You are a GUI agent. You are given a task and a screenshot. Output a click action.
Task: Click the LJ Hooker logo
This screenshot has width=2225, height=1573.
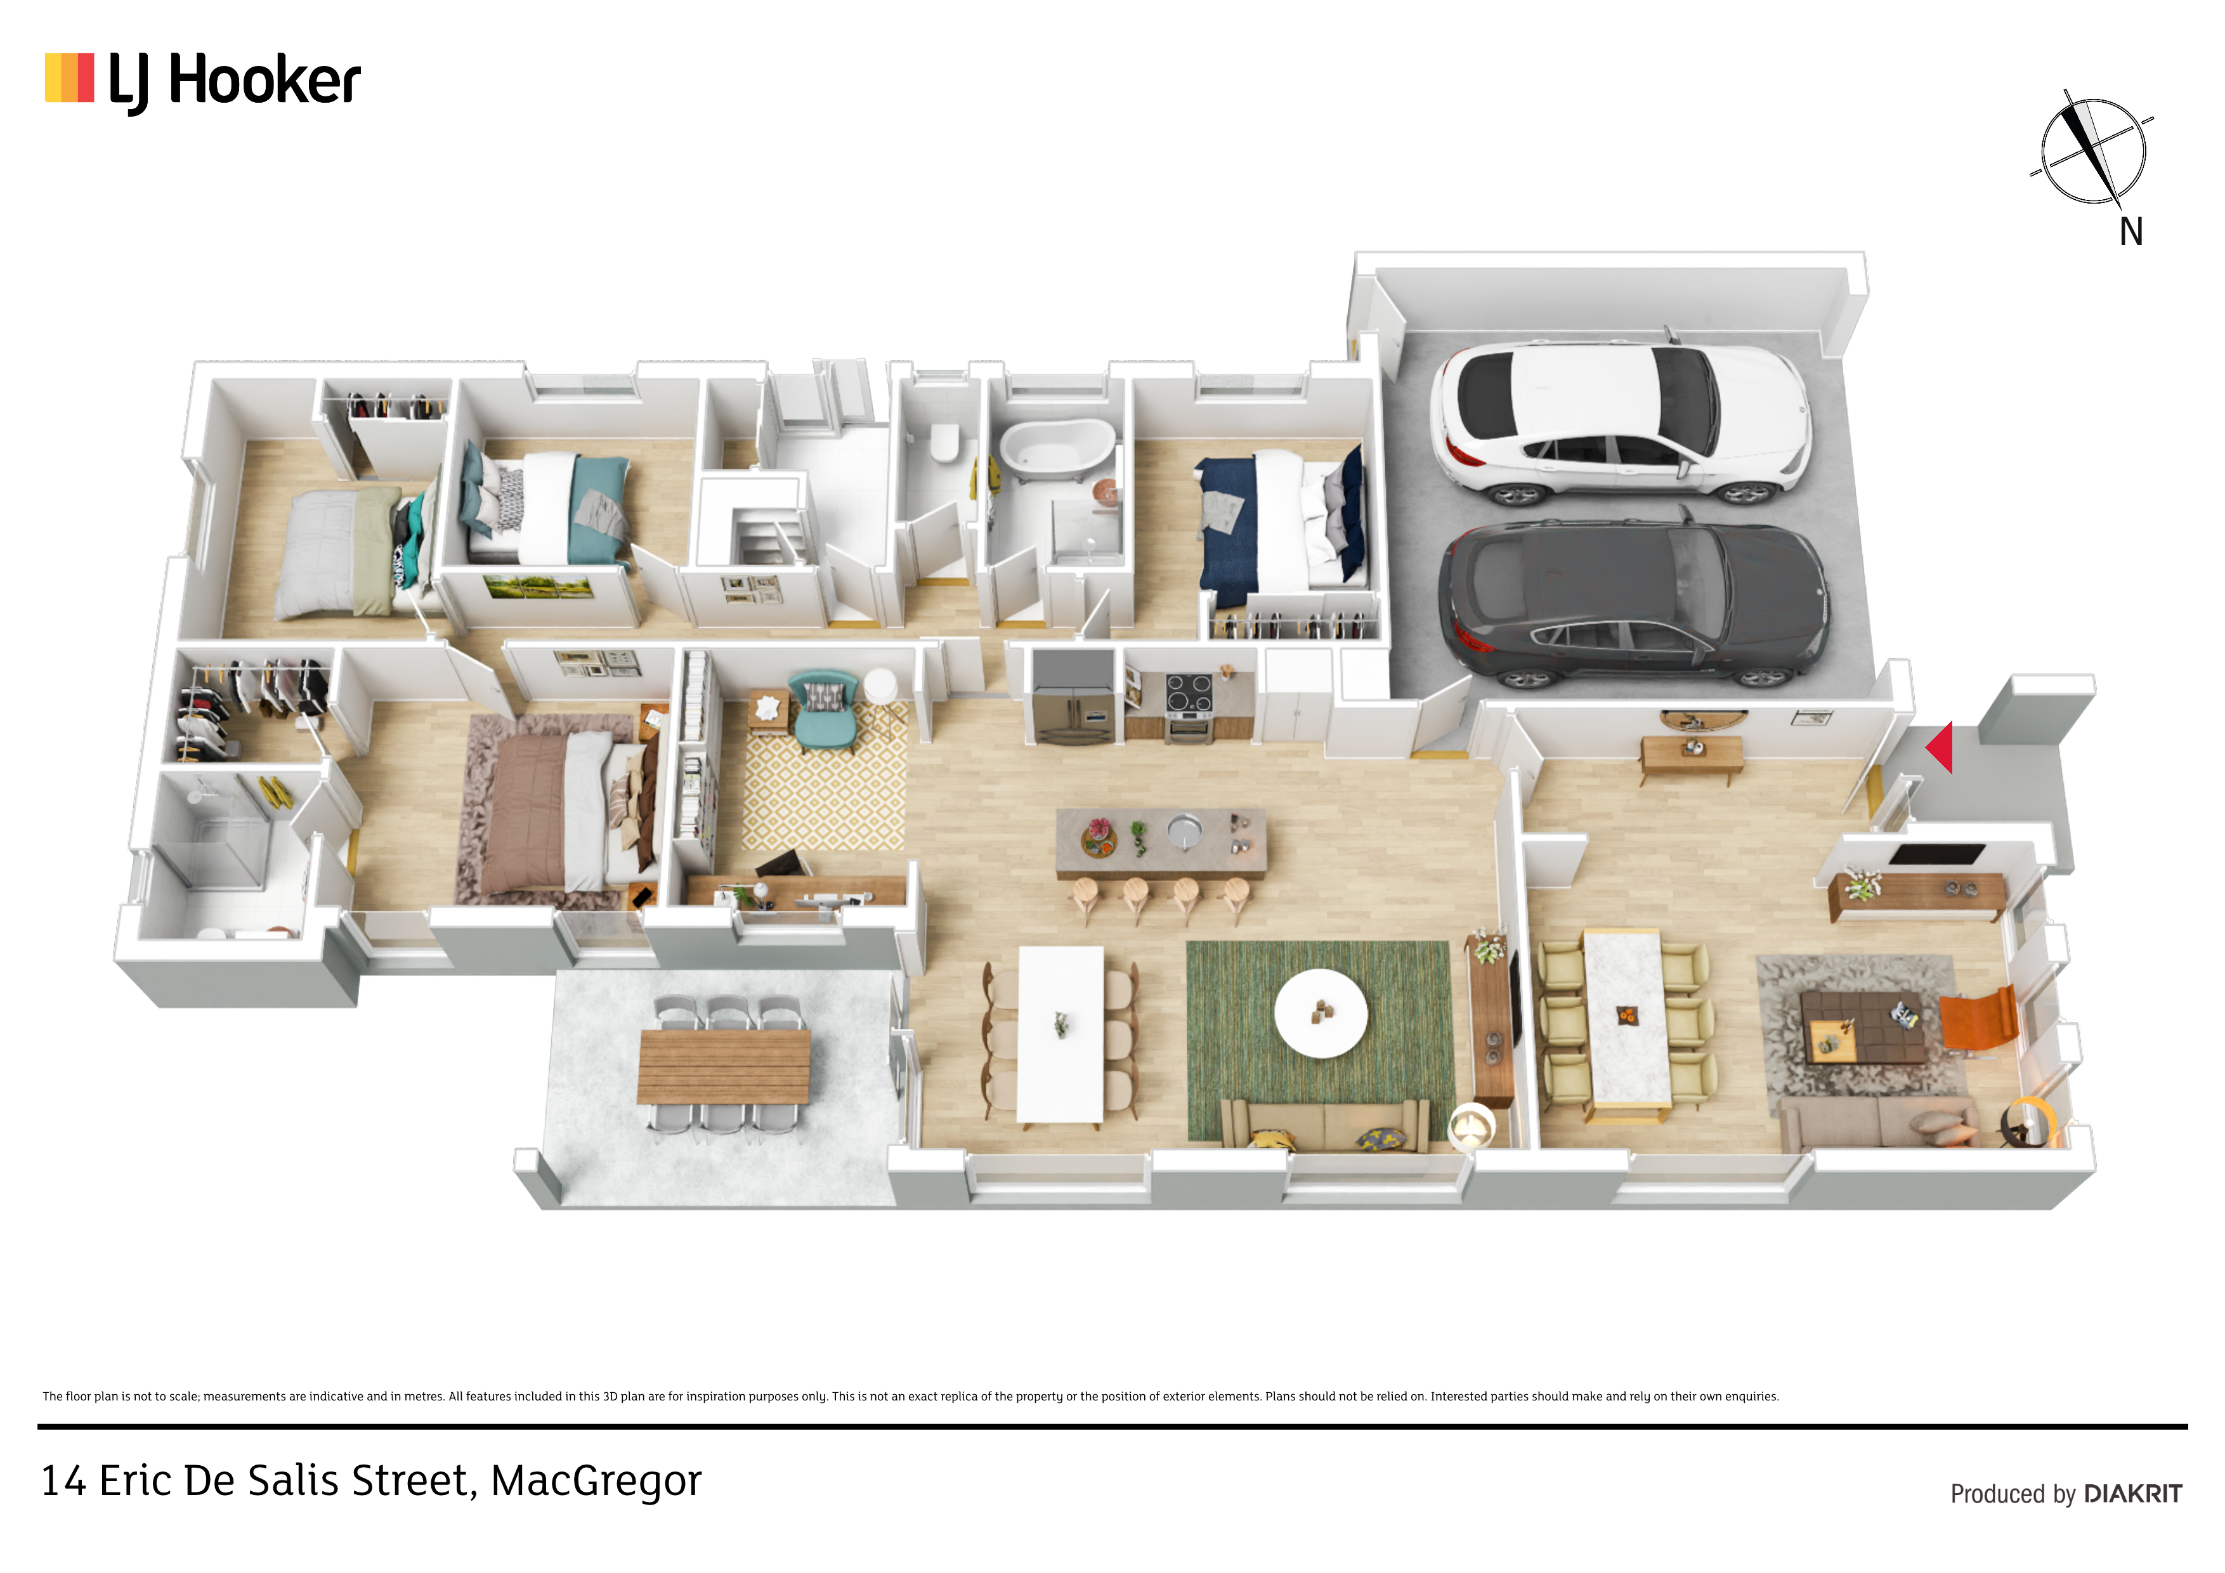click(202, 81)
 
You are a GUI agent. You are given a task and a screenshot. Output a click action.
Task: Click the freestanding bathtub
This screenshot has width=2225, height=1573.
click(1057, 448)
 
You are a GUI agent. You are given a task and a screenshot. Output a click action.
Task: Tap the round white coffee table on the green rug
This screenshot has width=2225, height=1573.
click(1320, 1013)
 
